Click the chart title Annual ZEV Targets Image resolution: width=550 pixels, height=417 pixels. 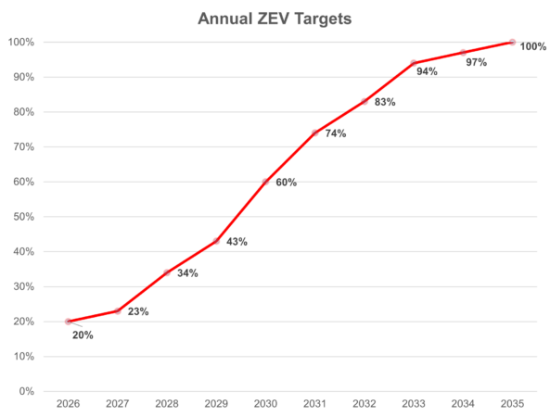[274, 18]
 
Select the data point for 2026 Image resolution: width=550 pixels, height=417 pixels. [68, 322]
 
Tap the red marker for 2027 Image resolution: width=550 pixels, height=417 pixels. [117, 311]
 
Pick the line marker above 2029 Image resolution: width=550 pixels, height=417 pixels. [216, 241]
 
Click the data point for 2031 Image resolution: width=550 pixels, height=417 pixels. [315, 133]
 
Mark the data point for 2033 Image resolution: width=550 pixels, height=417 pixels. [414, 63]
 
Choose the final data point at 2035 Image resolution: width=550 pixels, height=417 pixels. [512, 42]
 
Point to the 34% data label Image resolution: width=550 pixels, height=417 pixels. [187, 273]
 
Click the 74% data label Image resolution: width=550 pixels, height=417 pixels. [335, 134]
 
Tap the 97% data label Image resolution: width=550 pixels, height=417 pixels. [477, 62]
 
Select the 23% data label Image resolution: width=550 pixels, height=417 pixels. [137, 312]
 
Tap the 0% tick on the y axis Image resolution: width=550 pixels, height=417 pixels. [27, 391]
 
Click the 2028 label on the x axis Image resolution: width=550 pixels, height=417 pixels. [167, 404]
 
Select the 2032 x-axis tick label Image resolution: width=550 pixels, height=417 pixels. [365, 404]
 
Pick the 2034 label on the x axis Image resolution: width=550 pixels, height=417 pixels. [463, 404]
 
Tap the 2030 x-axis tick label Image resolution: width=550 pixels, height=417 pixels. [265, 404]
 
